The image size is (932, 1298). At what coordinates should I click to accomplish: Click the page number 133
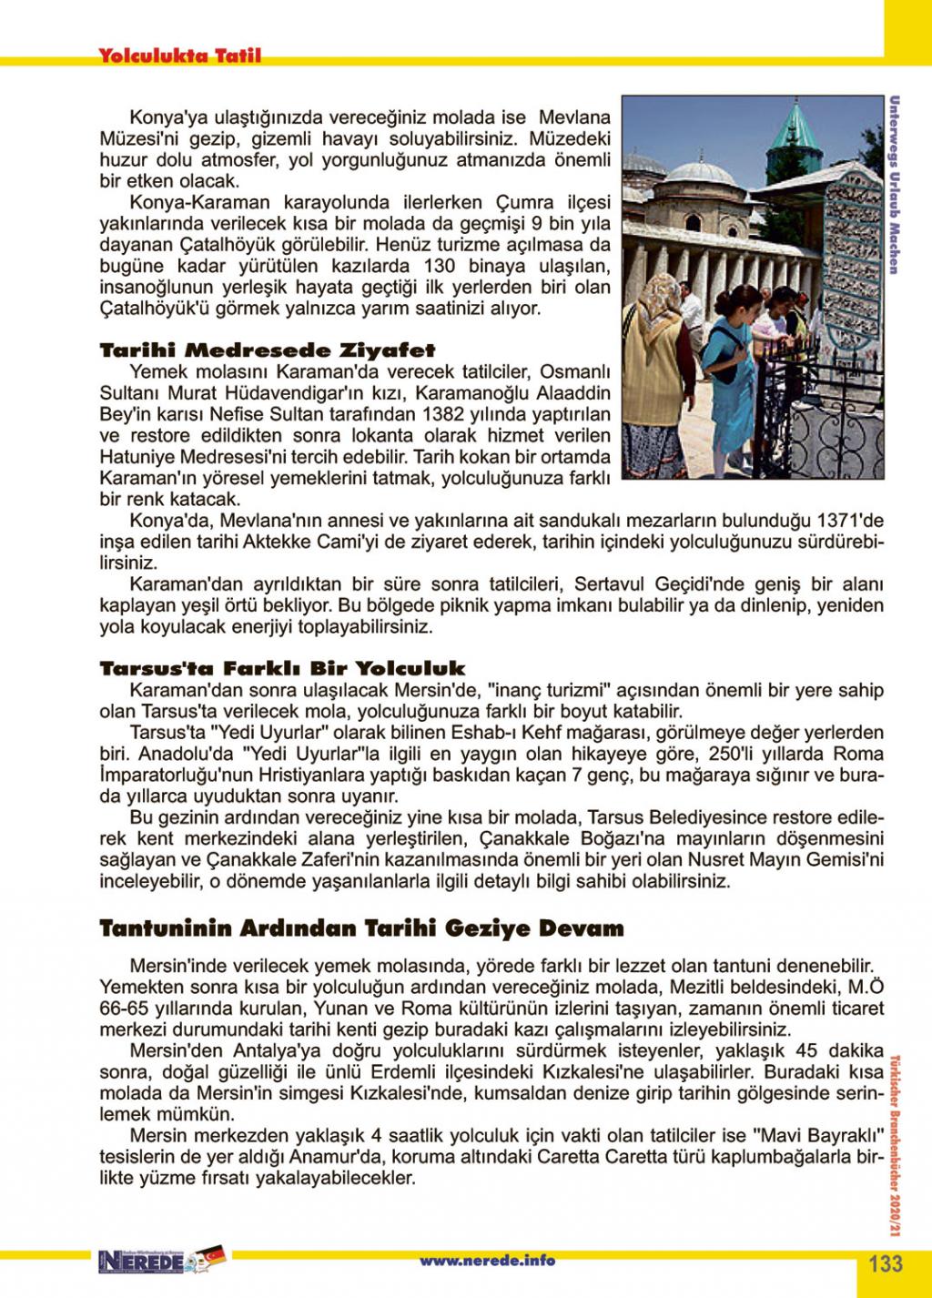click(x=885, y=1263)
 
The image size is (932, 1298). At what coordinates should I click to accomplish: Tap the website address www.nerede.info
click(x=487, y=1261)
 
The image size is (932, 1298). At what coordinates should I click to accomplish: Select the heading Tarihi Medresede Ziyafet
click(x=268, y=350)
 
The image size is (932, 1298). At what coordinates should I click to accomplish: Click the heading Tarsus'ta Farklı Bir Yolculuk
click(x=282, y=669)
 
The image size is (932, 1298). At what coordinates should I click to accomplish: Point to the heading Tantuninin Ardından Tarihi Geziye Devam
click(x=361, y=929)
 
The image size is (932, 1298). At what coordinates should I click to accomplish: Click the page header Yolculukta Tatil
click(x=180, y=56)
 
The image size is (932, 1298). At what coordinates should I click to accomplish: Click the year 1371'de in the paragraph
click(x=852, y=522)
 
